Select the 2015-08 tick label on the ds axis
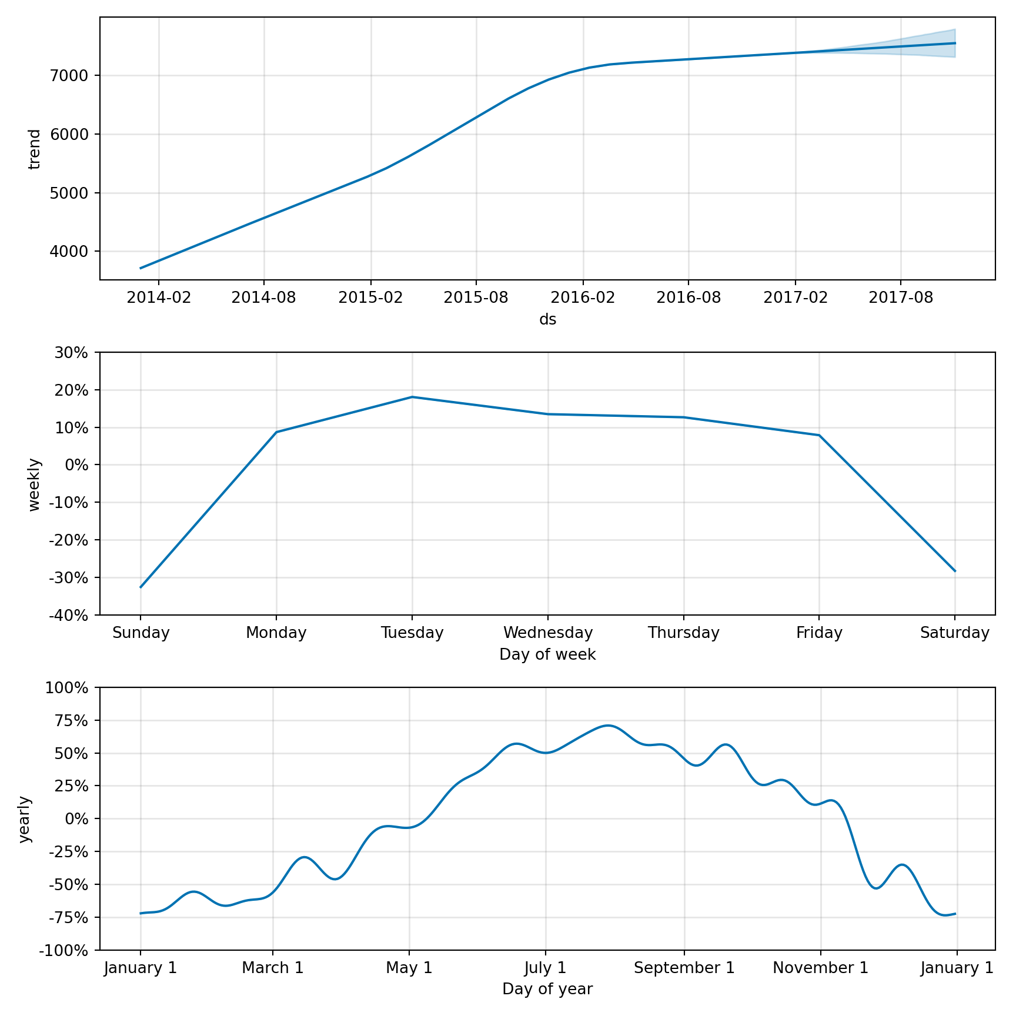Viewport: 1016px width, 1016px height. [x=476, y=298]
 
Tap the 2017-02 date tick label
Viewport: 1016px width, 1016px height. [x=796, y=298]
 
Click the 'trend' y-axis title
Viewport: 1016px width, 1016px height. [x=35, y=149]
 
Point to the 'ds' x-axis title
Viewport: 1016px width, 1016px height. [x=547, y=319]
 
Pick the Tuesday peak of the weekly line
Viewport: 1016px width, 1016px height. [x=412, y=397]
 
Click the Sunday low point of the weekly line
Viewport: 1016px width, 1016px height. [x=141, y=587]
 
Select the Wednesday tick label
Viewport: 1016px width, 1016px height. [x=548, y=633]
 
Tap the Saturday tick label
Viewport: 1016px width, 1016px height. [x=955, y=633]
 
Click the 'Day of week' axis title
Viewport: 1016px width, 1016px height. [x=547, y=654]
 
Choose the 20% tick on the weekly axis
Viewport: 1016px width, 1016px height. [x=72, y=390]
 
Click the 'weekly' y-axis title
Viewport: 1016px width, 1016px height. [x=35, y=484]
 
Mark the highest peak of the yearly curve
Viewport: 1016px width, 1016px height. [x=608, y=726]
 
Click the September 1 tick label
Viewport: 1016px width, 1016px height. [x=684, y=968]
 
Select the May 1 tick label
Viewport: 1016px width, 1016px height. [x=409, y=968]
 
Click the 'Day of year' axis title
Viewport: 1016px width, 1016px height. [x=547, y=990]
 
